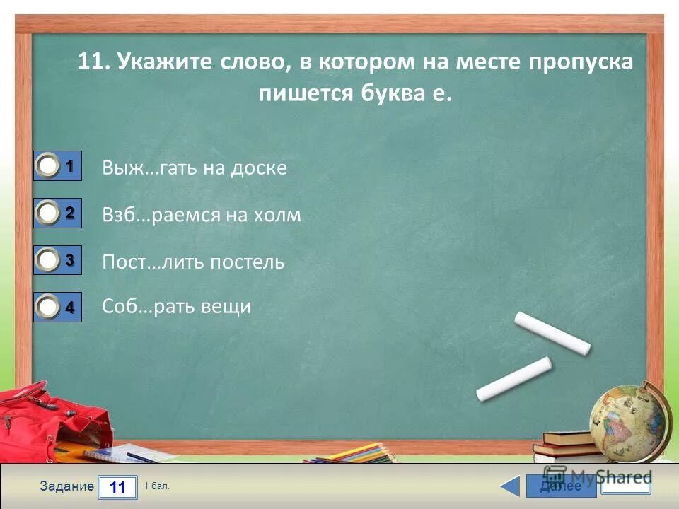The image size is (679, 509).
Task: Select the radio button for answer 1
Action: [x=49, y=167]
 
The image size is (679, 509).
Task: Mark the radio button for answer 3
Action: [x=49, y=261]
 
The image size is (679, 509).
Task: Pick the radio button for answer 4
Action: [x=49, y=308]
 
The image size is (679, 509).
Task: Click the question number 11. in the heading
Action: [x=93, y=62]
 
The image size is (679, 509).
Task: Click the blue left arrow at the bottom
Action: [x=510, y=486]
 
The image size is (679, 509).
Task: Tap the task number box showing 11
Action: [x=117, y=487]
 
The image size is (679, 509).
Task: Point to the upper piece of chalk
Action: [x=552, y=332]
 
